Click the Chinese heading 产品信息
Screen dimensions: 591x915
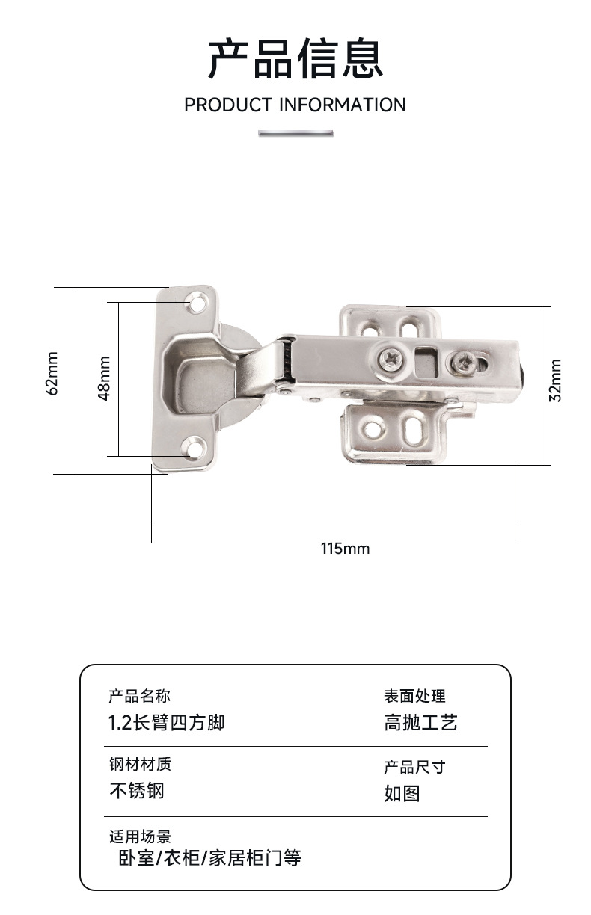point(295,59)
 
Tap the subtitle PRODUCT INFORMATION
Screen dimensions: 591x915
point(295,105)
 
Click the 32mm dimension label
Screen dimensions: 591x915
point(555,381)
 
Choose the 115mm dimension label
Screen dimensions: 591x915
point(345,549)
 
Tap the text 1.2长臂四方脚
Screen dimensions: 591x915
point(167,723)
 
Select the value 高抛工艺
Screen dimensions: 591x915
point(420,723)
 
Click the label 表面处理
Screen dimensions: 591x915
point(414,697)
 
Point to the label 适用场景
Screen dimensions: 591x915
point(140,836)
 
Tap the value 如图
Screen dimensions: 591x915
point(402,793)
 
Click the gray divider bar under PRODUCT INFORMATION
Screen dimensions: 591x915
point(295,133)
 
